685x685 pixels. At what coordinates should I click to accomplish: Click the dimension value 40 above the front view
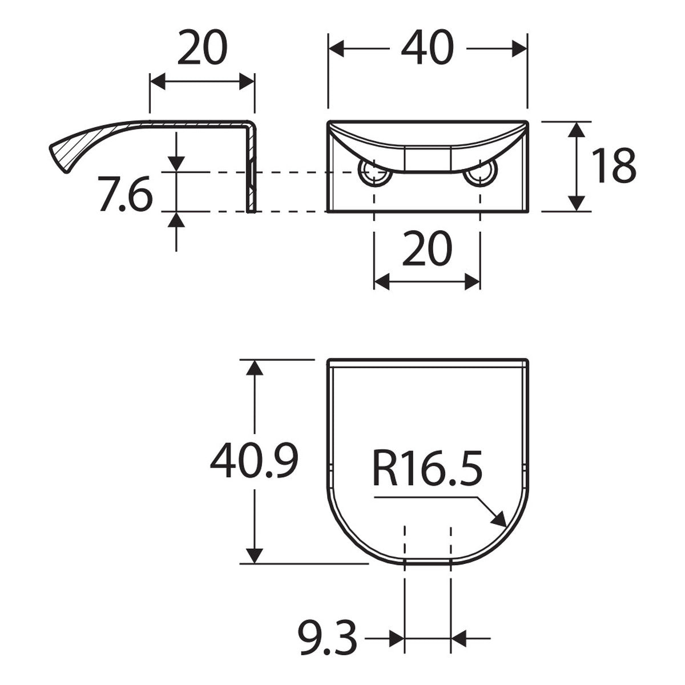click(428, 47)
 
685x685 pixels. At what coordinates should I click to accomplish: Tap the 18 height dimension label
click(614, 166)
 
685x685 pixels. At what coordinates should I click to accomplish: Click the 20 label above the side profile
click(202, 47)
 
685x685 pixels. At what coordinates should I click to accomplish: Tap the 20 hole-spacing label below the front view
click(428, 248)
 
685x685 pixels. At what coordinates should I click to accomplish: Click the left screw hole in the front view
click(374, 172)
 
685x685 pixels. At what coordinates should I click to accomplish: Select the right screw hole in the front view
click(481, 172)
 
